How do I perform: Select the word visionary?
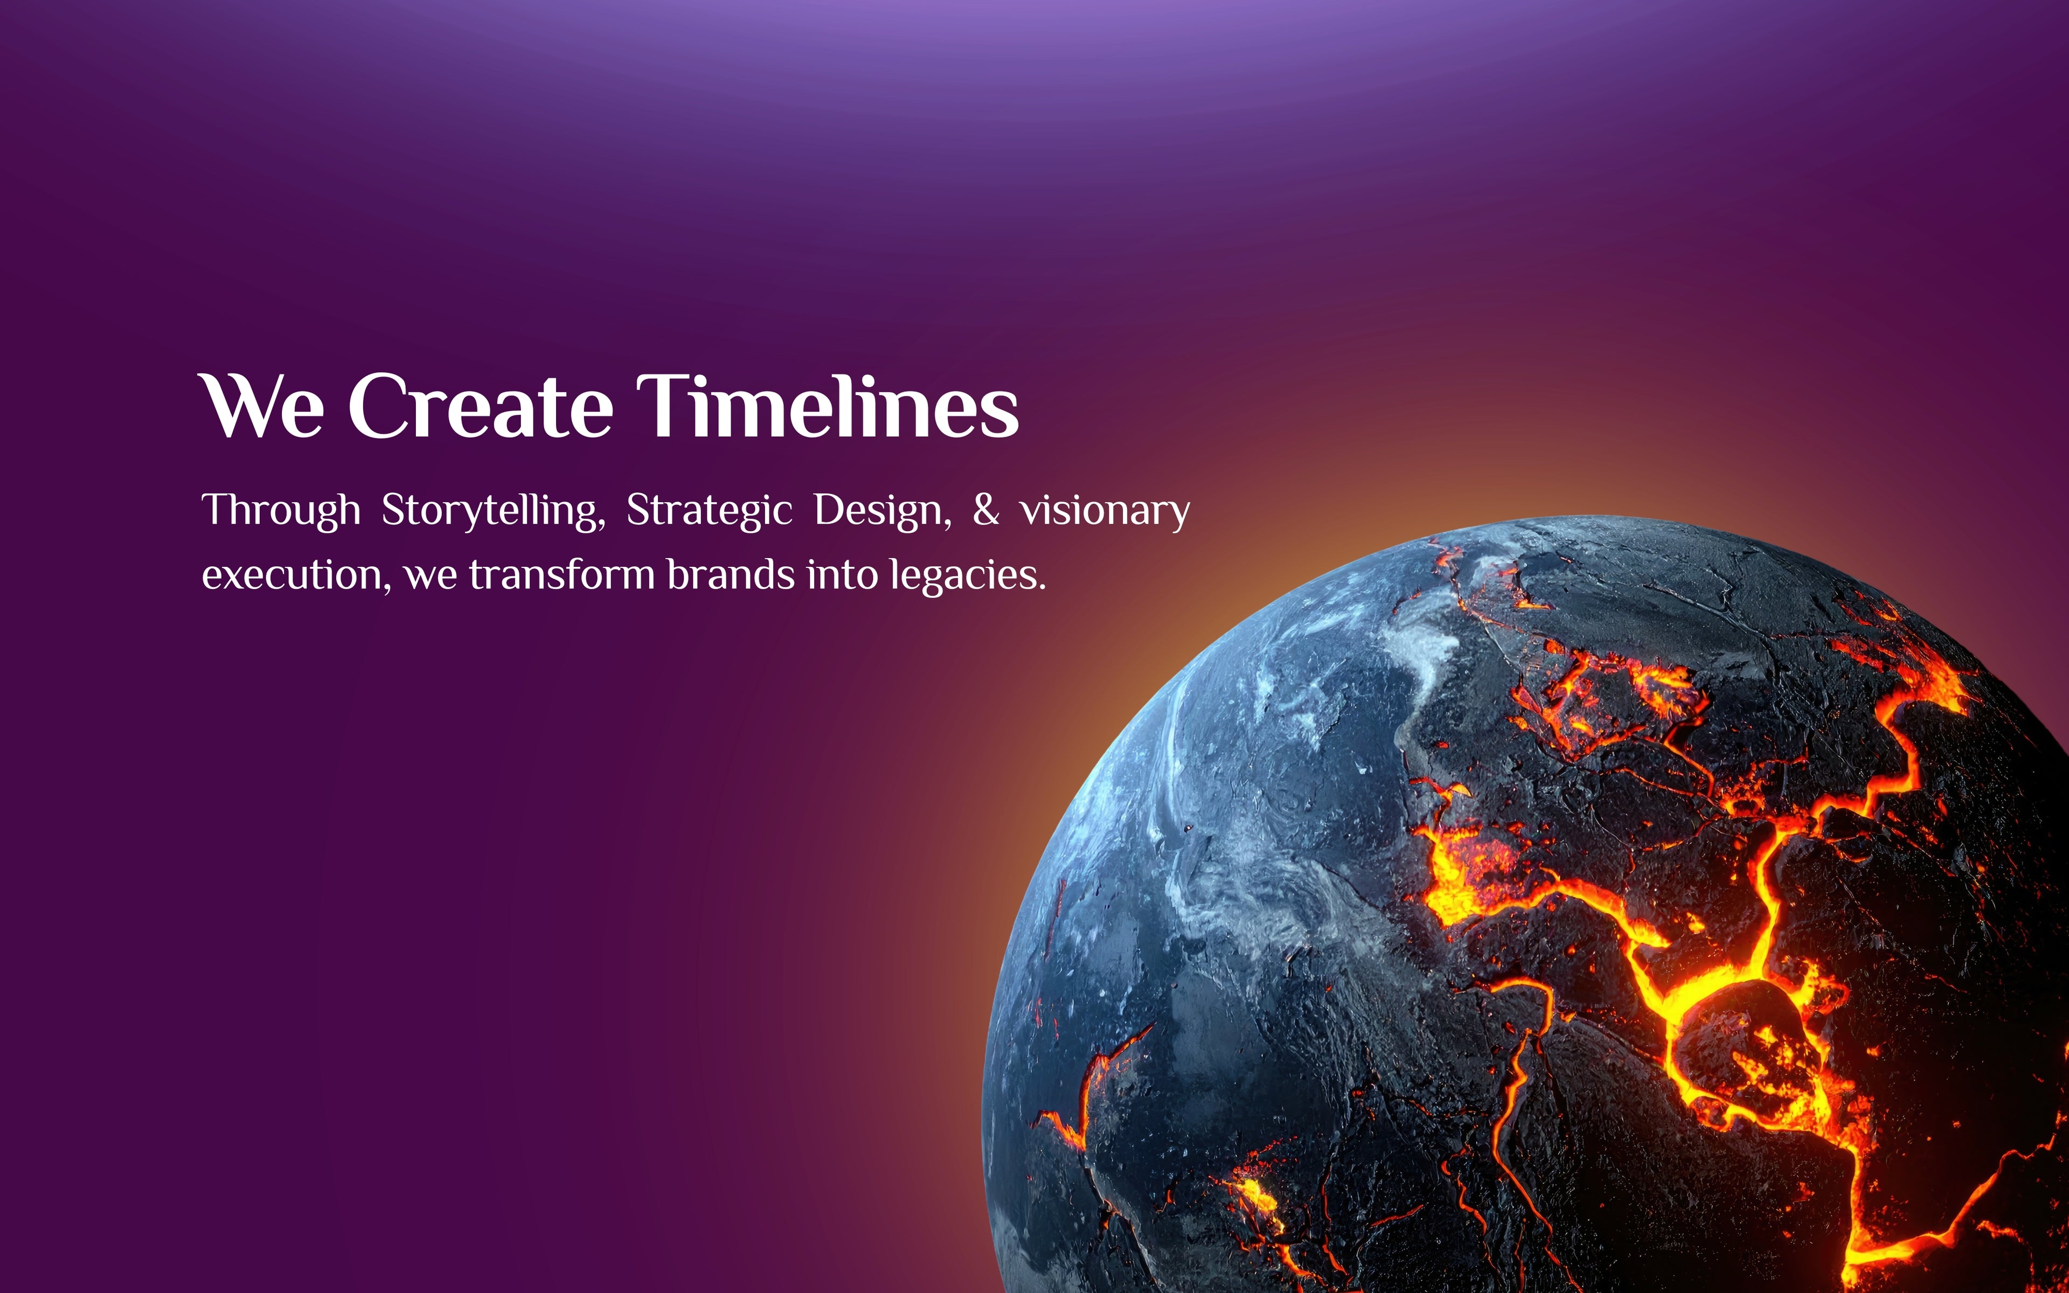[x=1105, y=511]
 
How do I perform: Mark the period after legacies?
[x=1042, y=587]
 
